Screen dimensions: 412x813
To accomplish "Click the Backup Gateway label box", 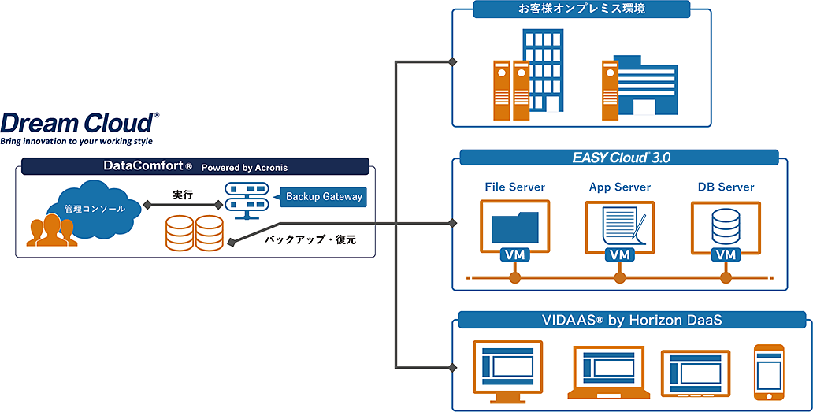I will pos(324,196).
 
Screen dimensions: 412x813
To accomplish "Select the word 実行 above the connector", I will pos(184,194).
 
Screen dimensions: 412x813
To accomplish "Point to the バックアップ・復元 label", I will pos(310,239).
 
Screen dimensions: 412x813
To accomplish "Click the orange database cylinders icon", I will pos(194,233).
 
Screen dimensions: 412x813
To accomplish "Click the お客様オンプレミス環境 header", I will pos(581,9).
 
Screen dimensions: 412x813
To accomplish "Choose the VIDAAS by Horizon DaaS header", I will pos(632,320).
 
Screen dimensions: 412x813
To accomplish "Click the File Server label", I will pos(514,187).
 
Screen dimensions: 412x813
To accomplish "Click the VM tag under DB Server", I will pos(725,255).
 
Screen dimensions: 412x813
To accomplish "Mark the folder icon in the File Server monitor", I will pos(514,227).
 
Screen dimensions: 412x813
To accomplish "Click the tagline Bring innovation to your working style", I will pos(76,142).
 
